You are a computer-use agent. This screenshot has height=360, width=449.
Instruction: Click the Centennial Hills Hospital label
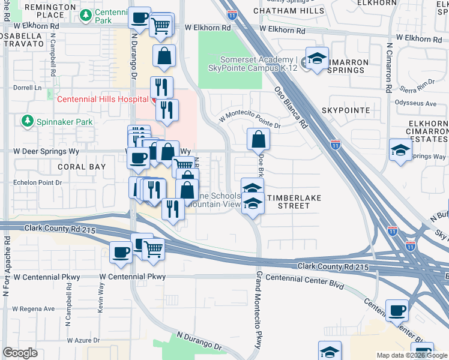click(102, 99)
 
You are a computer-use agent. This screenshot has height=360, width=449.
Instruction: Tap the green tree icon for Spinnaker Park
click(27, 122)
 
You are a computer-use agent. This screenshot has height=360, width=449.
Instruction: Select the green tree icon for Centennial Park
click(86, 14)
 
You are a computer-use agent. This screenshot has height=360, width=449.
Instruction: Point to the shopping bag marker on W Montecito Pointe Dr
click(258, 140)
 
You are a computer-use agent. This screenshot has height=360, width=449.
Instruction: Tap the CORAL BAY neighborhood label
click(82, 167)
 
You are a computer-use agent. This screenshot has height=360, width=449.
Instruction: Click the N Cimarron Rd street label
click(389, 67)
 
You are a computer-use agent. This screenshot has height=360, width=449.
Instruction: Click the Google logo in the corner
click(20, 353)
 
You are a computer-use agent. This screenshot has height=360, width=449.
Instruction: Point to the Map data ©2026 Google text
click(412, 355)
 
